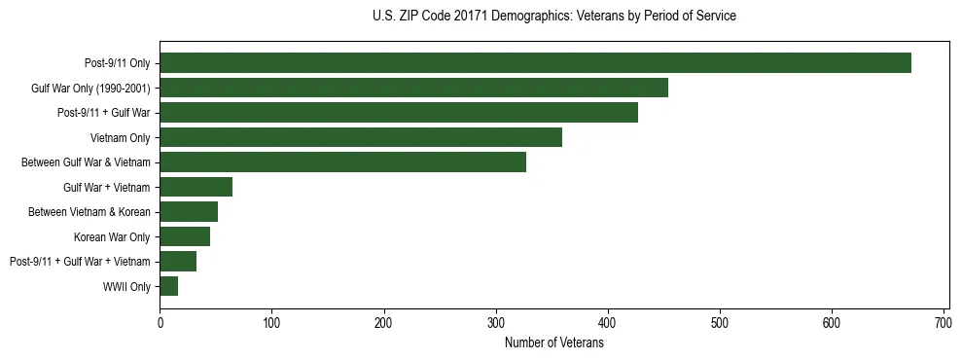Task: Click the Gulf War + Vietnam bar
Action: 196,187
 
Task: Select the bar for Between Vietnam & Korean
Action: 189,212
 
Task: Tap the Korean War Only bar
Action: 185,236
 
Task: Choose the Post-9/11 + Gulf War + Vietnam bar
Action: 178,261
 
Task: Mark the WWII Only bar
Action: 168,286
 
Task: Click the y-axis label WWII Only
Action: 126,286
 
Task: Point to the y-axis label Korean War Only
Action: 112,236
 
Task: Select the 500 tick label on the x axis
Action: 720,322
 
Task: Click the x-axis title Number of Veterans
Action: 554,342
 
